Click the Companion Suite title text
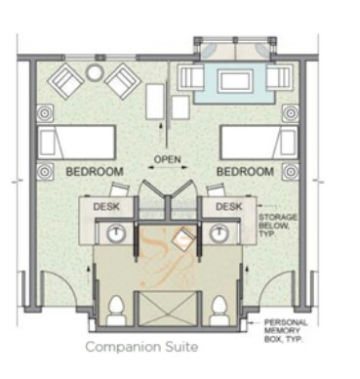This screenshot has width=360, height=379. tap(141, 347)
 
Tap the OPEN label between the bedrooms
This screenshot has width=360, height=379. tap(167, 159)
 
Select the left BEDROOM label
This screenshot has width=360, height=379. tap(95, 172)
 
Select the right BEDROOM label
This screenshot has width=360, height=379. tap(245, 172)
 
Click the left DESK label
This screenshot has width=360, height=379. tap(106, 206)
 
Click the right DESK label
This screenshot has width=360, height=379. tap(229, 206)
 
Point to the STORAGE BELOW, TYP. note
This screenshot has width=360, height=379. tap(278, 226)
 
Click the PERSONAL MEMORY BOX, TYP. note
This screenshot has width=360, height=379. tap(286, 331)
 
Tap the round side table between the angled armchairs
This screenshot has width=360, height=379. tap(94, 72)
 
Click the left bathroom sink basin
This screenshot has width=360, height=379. tap(116, 233)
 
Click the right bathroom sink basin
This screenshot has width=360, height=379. tap(219, 233)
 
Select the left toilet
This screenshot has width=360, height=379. tap(117, 311)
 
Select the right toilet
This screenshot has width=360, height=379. tap(220, 311)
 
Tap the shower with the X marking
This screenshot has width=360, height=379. tap(168, 309)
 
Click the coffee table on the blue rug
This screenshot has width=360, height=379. tap(236, 81)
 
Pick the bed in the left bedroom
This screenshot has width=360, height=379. tap(77, 143)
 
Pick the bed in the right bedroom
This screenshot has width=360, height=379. tap(259, 143)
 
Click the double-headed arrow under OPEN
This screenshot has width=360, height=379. tap(168, 167)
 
